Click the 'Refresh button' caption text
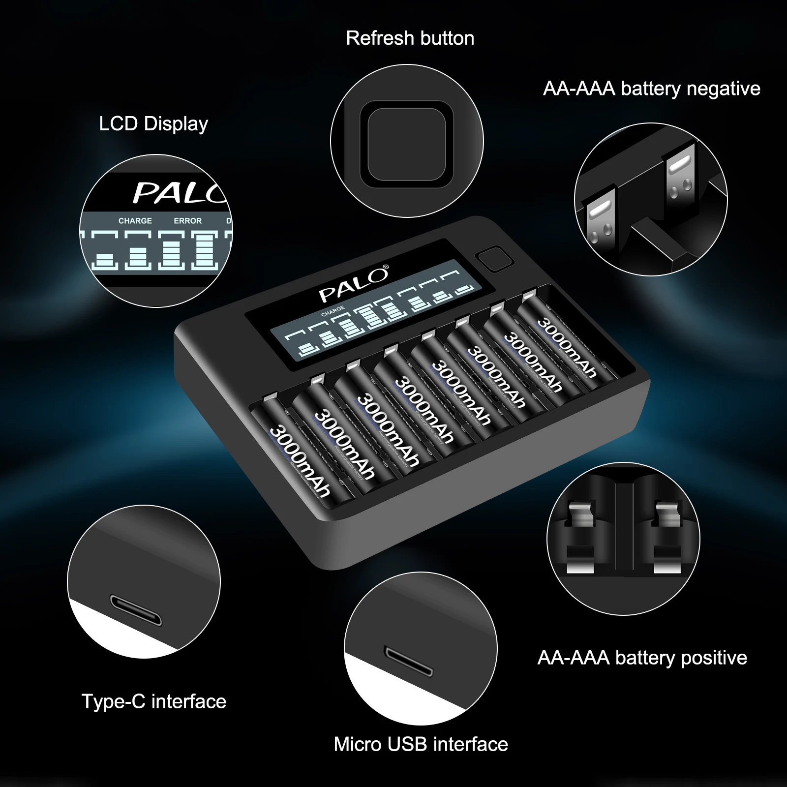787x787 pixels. [x=410, y=38]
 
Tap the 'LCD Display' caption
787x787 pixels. [x=153, y=123]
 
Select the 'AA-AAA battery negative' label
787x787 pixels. [x=651, y=89]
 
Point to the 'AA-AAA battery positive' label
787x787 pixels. [x=642, y=658]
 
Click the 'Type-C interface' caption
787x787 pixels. [x=153, y=701]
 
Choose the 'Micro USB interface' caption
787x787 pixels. [x=421, y=744]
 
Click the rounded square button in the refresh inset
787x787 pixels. [x=407, y=145]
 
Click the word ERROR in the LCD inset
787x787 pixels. [x=187, y=221]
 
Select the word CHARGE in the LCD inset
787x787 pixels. [x=135, y=221]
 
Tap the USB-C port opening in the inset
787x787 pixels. [x=136, y=610]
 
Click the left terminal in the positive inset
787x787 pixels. [x=582, y=536]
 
